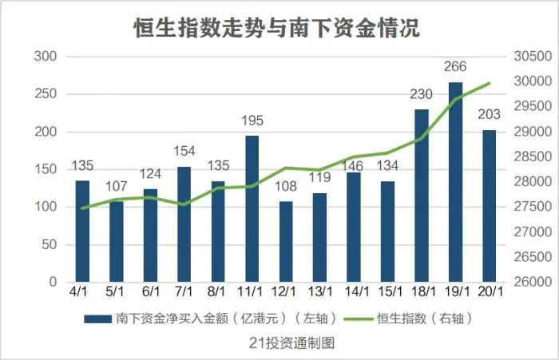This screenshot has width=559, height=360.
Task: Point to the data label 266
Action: click(x=455, y=67)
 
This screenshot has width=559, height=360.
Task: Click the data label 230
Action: click(x=421, y=94)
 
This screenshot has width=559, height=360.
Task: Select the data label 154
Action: click(x=184, y=152)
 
